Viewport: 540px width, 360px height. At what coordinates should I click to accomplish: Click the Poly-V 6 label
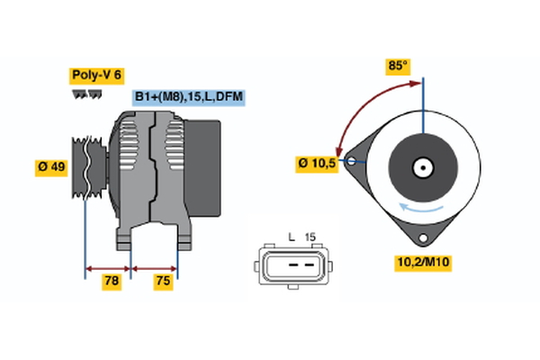tap(97, 76)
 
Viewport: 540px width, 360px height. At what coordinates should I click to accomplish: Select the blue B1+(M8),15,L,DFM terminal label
tap(189, 96)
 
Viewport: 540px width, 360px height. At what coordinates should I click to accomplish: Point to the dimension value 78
tap(112, 281)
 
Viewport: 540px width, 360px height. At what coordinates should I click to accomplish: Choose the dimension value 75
tap(163, 281)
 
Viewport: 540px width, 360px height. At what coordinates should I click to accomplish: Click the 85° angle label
tap(398, 66)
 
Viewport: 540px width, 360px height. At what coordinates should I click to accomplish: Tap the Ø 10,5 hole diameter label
tap(317, 164)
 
